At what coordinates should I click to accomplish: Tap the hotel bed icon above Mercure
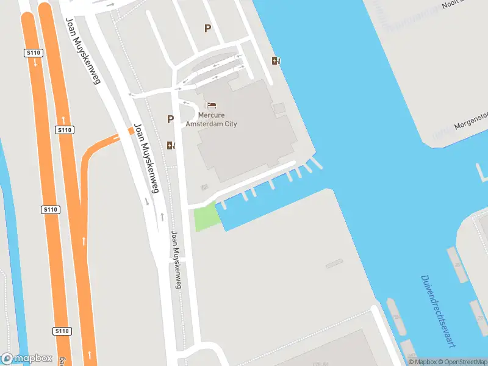(211, 106)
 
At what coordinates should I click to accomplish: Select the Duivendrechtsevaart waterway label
(439, 311)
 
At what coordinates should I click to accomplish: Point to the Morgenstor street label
(472, 121)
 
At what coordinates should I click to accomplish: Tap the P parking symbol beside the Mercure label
(170, 120)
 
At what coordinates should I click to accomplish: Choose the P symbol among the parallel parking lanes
(207, 28)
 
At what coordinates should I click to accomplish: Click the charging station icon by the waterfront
(276, 60)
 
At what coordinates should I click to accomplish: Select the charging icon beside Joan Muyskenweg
(170, 145)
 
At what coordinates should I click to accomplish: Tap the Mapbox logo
(27, 359)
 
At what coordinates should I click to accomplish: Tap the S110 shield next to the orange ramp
(65, 130)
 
